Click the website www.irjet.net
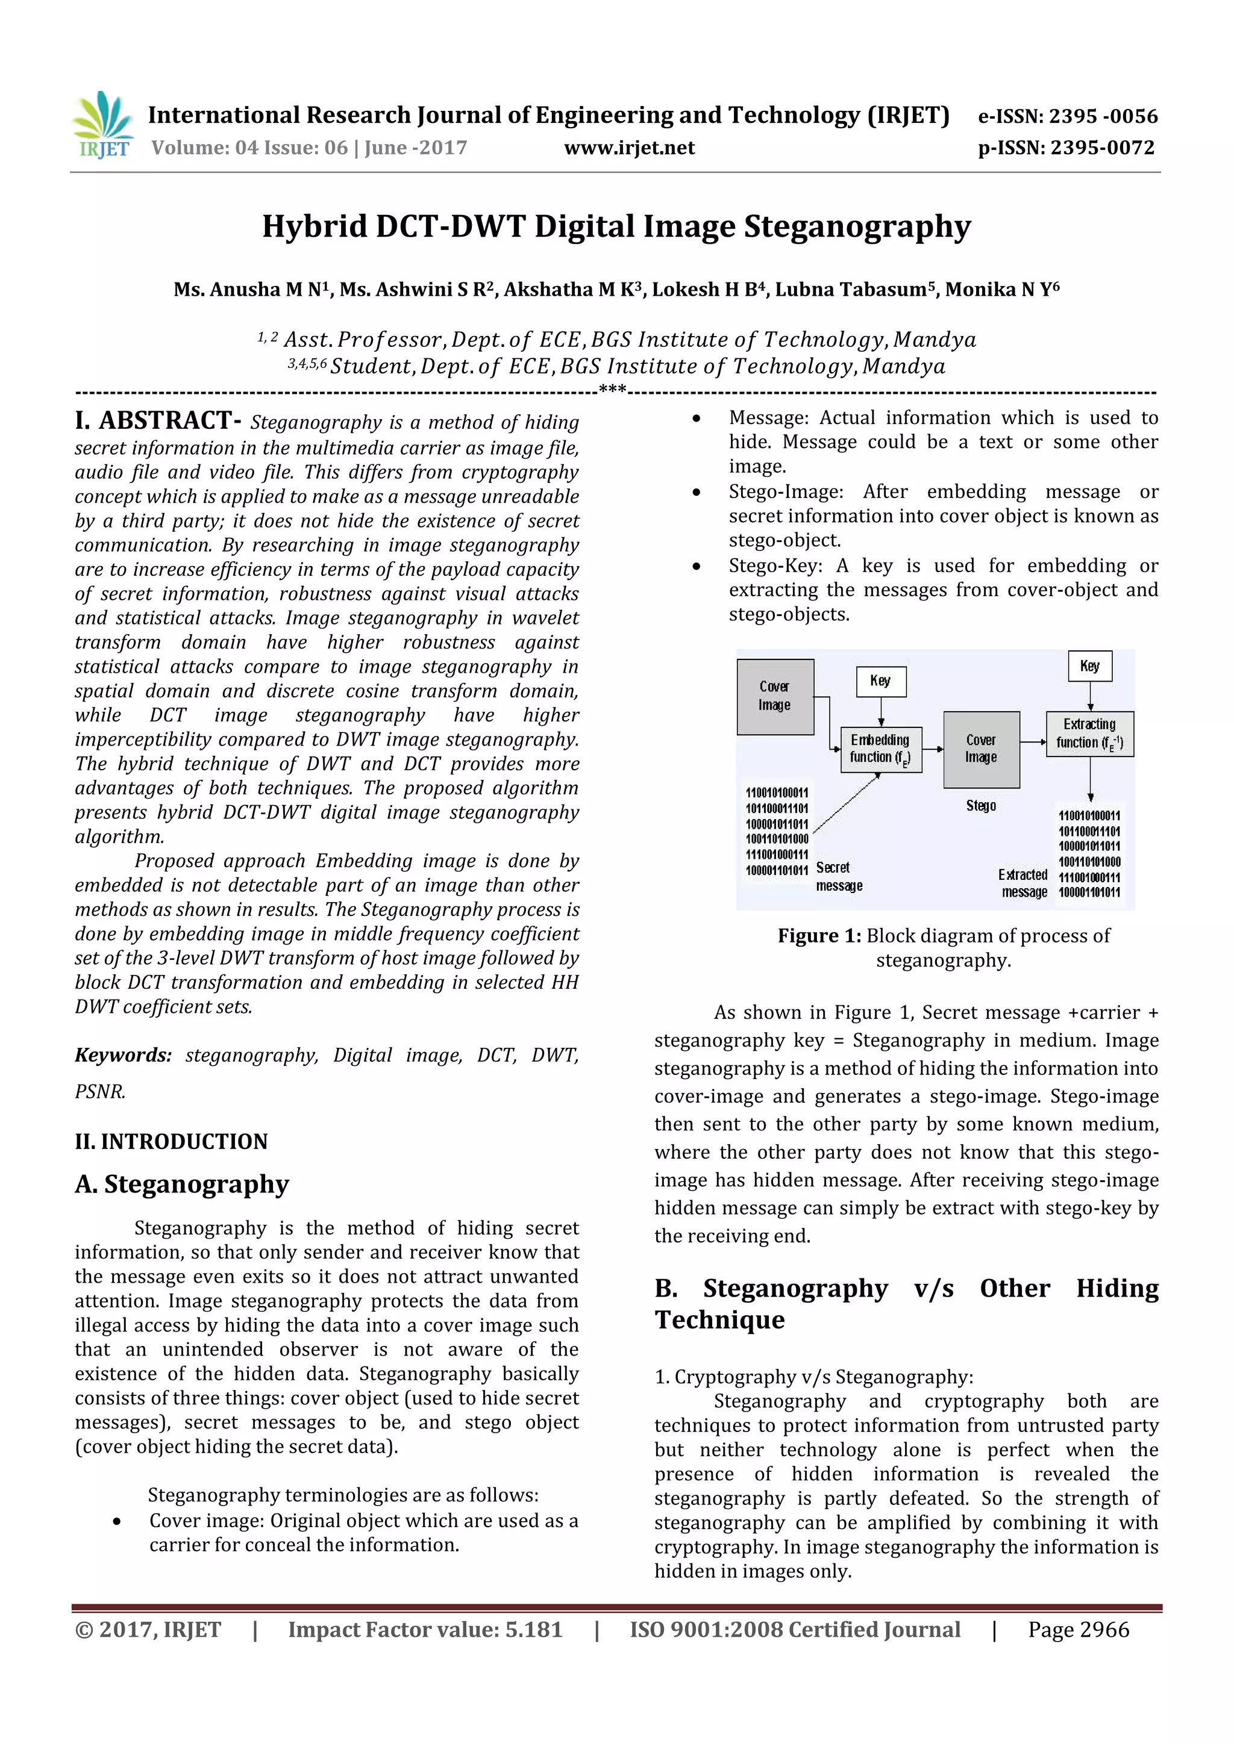tap(629, 148)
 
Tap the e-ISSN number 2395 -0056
tap(1103, 116)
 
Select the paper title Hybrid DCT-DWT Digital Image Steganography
tap(616, 226)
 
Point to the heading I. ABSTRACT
tap(157, 420)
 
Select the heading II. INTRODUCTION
tap(171, 1141)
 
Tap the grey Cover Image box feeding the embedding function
tap(774, 696)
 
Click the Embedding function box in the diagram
tap(880, 749)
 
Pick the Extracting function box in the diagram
tap(1089, 733)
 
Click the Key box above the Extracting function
tap(1089, 666)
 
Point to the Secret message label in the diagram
tap(838, 876)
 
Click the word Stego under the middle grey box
tap(980, 805)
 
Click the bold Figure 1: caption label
tap(818, 936)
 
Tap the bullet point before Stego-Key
tap(696, 566)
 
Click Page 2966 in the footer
tap(1078, 1630)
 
